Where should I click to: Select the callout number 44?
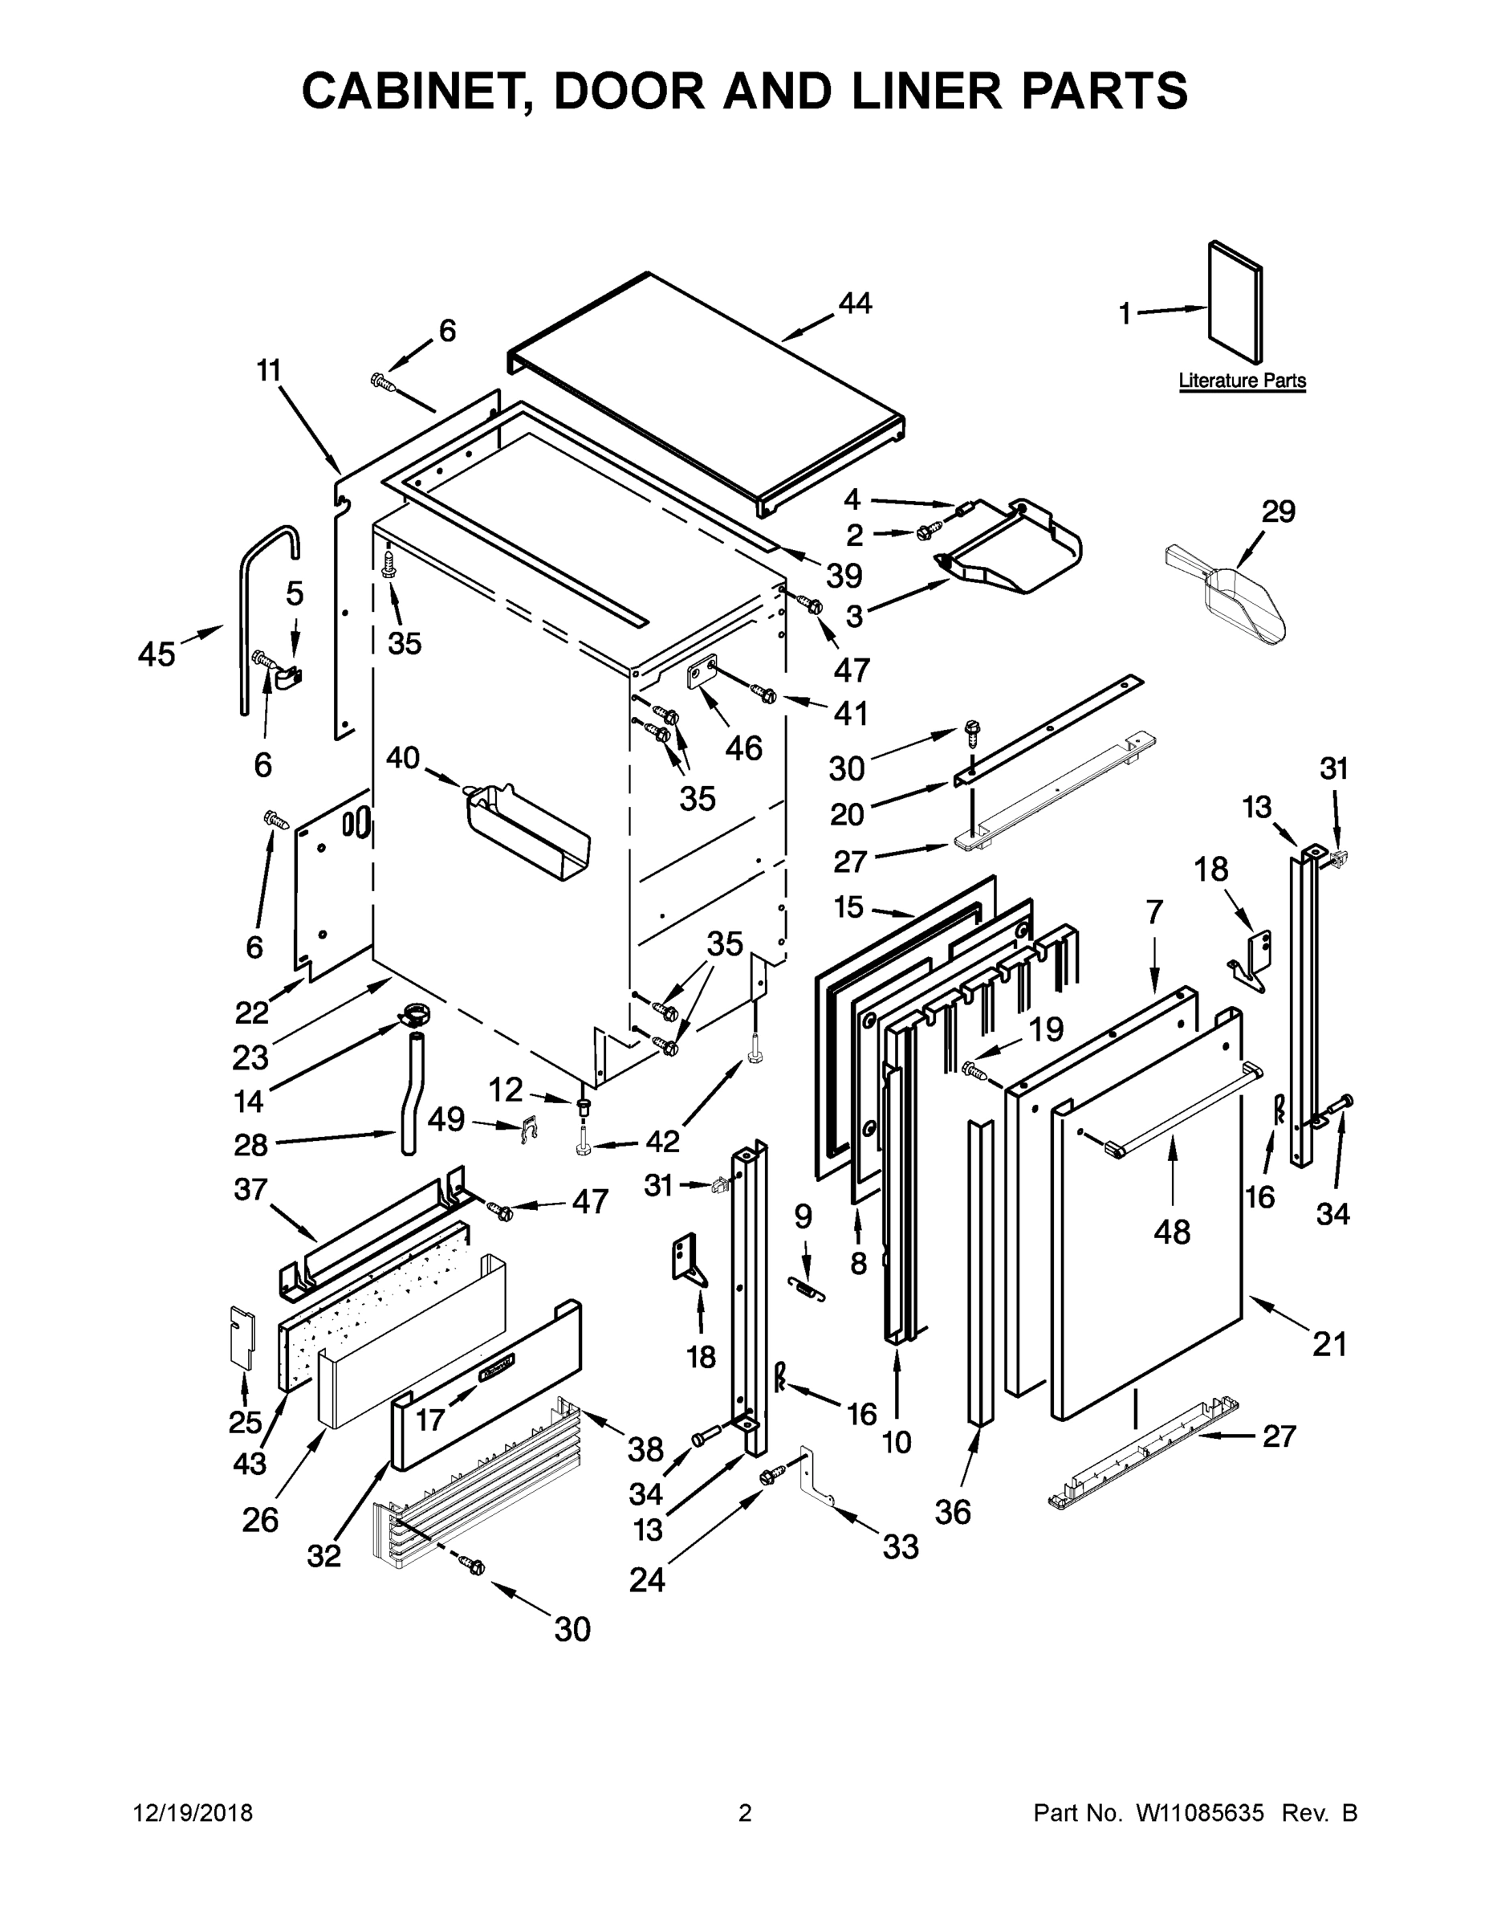(x=855, y=304)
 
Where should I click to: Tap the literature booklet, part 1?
(x=1235, y=302)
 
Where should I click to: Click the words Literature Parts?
(x=1242, y=381)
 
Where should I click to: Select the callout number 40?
(x=403, y=757)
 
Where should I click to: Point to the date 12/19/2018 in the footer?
(x=193, y=1813)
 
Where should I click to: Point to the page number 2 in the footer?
(x=745, y=1813)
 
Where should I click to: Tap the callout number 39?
(x=844, y=576)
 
